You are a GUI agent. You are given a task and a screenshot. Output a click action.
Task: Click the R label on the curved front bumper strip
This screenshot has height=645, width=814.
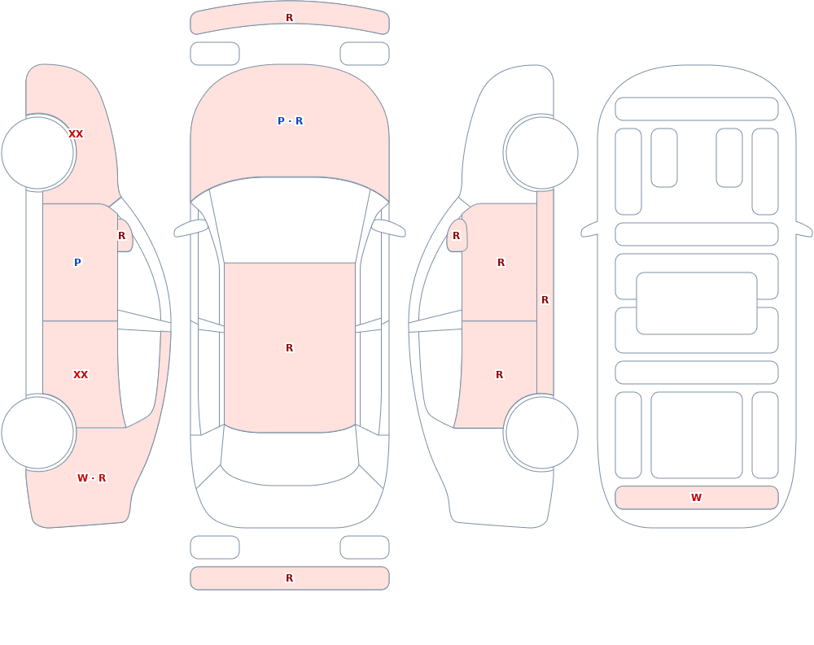289,18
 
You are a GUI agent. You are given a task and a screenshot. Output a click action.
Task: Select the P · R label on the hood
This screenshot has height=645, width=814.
291,121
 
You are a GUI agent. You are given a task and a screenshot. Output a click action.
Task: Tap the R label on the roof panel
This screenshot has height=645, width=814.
289,347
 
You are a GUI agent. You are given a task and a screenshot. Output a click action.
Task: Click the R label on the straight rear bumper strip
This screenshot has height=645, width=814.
289,578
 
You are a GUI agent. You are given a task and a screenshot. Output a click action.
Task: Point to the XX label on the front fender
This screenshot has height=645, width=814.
76,134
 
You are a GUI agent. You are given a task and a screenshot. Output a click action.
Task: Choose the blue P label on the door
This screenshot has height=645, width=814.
77,262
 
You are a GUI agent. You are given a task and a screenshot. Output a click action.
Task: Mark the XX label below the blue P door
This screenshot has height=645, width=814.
81,375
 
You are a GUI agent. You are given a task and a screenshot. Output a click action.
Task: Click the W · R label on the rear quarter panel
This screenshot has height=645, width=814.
91,478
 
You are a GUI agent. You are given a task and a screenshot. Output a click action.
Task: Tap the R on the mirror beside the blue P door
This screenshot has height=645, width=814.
121,236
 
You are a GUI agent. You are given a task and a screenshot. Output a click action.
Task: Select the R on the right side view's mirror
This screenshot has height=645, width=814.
457,236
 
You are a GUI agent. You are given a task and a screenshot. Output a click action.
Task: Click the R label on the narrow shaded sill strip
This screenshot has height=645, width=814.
545,300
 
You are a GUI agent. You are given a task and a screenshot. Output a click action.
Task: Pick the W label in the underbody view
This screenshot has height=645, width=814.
696,498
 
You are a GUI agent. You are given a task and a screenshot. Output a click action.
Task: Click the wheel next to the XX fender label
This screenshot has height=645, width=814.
37,153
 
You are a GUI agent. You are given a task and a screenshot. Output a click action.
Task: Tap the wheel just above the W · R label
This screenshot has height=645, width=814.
37,432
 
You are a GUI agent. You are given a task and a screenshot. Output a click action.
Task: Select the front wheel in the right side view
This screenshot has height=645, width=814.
542,153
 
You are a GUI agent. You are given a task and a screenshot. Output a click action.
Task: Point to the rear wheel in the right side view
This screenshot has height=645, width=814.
542,432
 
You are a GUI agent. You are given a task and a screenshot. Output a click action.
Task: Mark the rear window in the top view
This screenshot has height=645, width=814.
290,455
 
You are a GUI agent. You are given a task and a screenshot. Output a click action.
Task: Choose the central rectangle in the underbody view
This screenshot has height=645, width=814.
697,303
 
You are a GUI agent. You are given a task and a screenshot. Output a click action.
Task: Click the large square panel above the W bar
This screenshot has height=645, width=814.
697,435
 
